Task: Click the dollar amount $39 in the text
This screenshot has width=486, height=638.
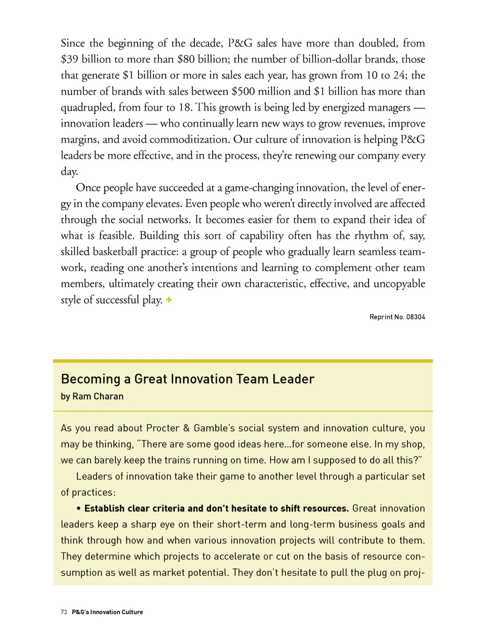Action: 69,59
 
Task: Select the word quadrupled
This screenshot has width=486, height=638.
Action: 87,107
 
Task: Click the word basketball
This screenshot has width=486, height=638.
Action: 119,252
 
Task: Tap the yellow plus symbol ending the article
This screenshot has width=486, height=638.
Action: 169,300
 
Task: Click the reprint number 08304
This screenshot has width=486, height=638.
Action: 415,317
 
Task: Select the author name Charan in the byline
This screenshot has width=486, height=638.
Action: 108,396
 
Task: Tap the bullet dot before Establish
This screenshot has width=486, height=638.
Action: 79,508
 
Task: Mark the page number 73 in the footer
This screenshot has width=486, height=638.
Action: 64,612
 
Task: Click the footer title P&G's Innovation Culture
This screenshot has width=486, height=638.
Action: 107,612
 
